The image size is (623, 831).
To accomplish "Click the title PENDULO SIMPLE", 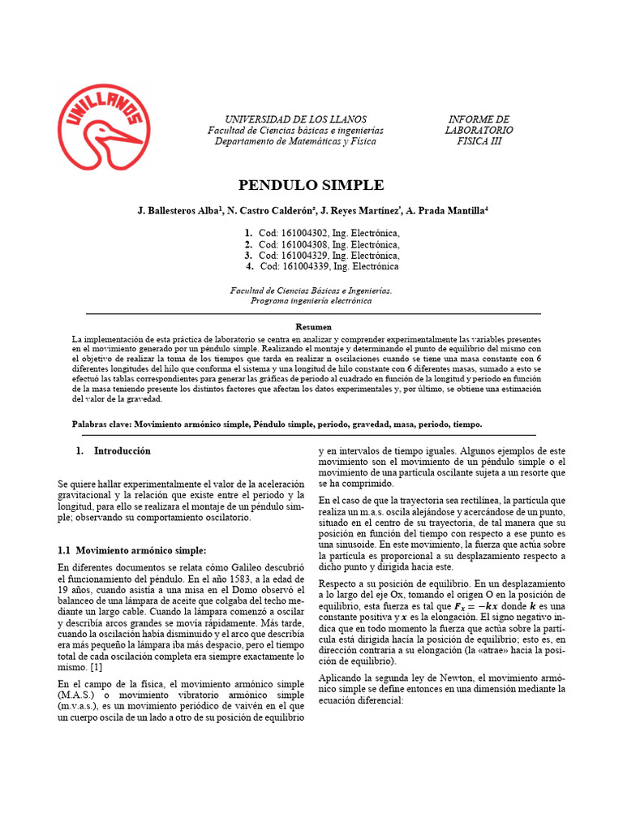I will (311, 185).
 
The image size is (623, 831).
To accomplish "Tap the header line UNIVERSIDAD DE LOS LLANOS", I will (295, 118).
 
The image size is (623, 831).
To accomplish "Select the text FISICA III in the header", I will (479, 141).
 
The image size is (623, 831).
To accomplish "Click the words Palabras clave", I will (101, 424).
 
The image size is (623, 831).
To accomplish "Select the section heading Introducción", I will (122, 450).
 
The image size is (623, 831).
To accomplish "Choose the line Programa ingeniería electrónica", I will (311, 301).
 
